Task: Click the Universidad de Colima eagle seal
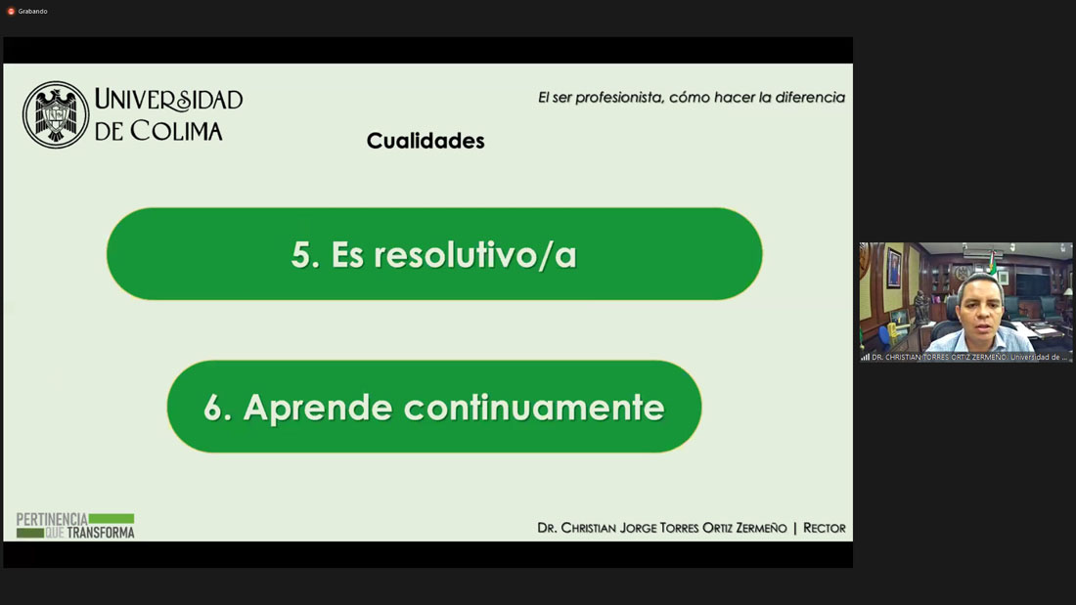click(x=56, y=114)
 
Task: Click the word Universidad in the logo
click(x=169, y=100)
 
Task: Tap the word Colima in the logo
click(x=176, y=130)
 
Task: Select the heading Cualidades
click(x=426, y=141)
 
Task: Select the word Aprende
click(x=318, y=409)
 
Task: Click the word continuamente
click(x=534, y=408)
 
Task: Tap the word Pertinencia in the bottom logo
click(x=52, y=519)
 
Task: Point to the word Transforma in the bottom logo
click(x=101, y=533)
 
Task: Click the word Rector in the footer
click(x=825, y=528)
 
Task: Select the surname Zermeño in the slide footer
click(x=761, y=528)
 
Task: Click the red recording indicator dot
click(x=11, y=11)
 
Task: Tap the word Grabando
click(x=33, y=11)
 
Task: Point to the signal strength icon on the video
click(x=866, y=357)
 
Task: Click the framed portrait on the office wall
click(x=894, y=268)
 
